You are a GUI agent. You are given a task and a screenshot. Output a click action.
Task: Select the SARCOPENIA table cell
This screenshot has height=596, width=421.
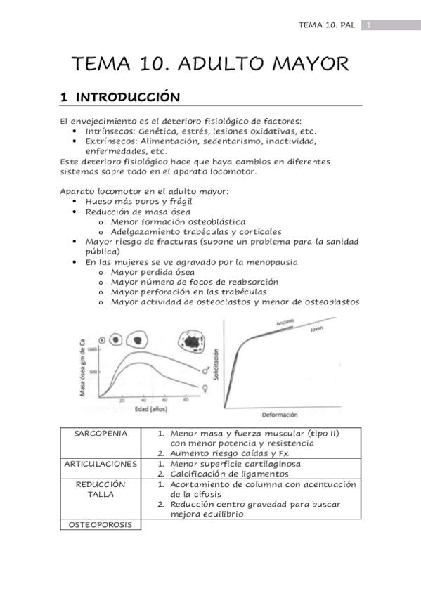click(101, 434)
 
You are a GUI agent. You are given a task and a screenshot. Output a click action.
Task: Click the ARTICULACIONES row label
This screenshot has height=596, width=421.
click(101, 465)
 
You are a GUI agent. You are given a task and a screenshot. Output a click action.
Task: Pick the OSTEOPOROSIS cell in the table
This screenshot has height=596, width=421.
click(101, 525)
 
